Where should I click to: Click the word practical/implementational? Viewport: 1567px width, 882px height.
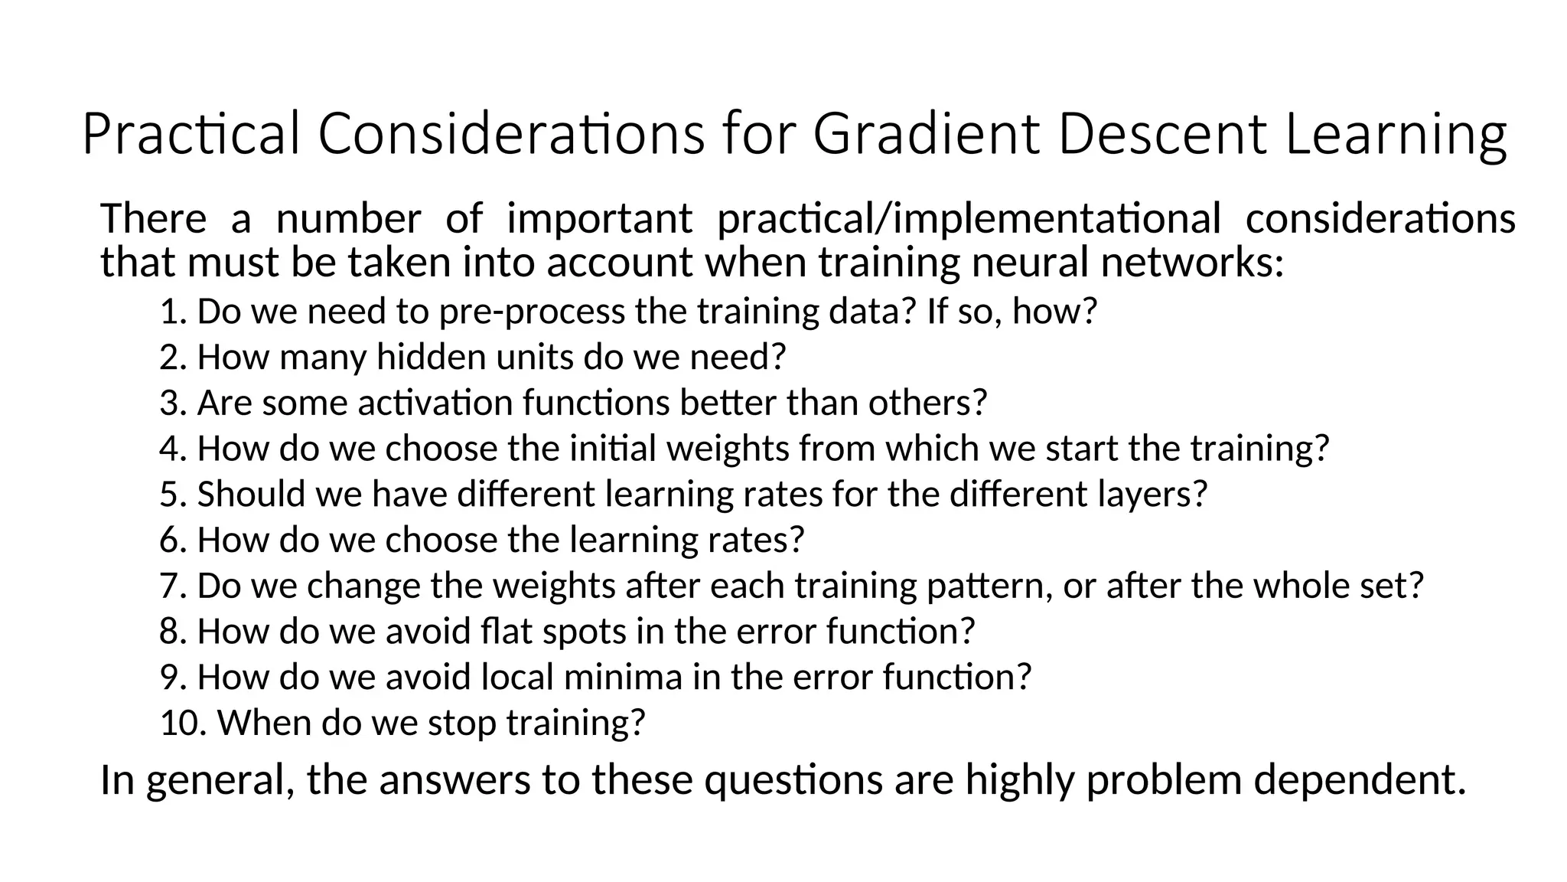click(969, 219)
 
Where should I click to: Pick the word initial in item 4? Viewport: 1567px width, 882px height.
click(613, 449)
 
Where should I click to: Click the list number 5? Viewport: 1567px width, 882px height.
click(172, 495)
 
